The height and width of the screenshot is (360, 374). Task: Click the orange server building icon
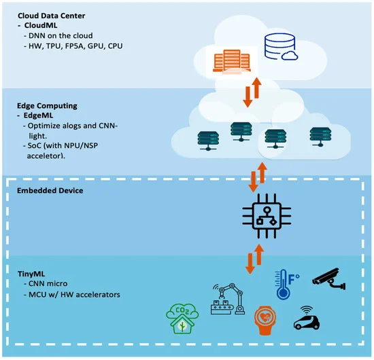[x=232, y=61]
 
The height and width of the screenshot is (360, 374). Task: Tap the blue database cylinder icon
[x=279, y=46]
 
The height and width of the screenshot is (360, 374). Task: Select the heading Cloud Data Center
[x=51, y=16]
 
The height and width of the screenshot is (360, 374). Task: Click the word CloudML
[x=41, y=25]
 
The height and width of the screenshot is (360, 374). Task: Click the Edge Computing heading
[x=47, y=105]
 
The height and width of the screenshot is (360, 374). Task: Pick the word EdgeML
[x=38, y=115]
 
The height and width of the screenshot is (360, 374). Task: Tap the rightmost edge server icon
[x=320, y=137]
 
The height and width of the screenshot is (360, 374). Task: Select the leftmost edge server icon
[x=208, y=141]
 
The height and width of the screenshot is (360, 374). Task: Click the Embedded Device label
[x=50, y=191]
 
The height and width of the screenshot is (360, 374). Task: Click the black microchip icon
[x=267, y=216]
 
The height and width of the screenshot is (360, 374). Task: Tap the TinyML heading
[x=31, y=274]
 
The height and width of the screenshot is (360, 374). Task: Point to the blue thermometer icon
[x=287, y=285]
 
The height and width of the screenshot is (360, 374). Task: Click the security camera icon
[x=328, y=278]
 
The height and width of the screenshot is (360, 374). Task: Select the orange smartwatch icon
[x=265, y=321]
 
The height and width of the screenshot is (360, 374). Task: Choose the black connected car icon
[x=307, y=318]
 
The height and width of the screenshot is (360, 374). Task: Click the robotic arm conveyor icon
[x=228, y=299]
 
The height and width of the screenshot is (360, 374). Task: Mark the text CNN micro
[x=48, y=283]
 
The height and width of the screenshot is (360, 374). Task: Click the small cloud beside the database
[x=290, y=56]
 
